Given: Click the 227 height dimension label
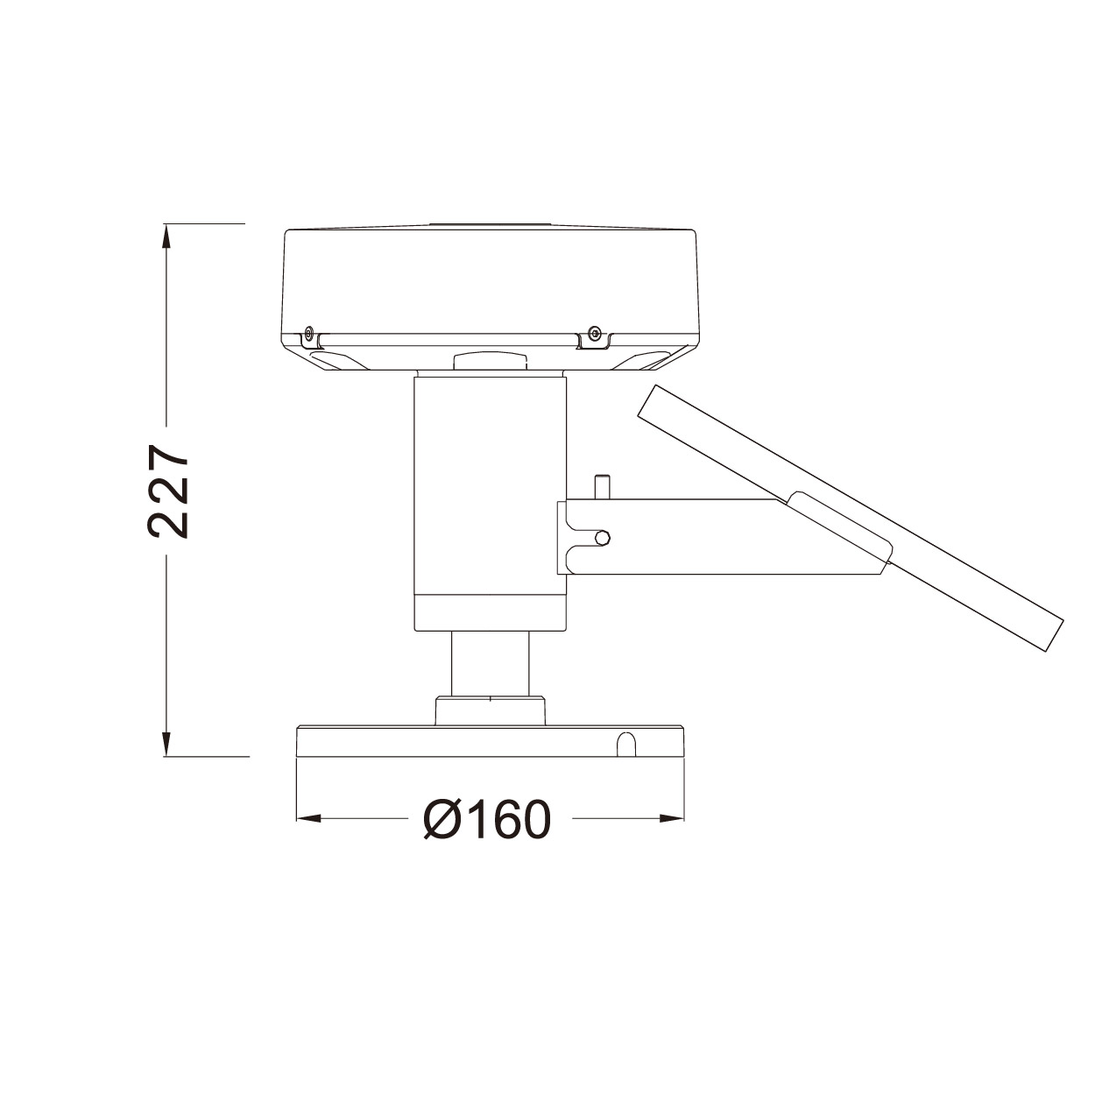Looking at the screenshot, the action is (168, 491).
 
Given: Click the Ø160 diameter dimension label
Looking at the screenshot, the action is (488, 819).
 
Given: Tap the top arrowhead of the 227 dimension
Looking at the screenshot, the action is (166, 236).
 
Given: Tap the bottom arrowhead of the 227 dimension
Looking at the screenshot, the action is (166, 744).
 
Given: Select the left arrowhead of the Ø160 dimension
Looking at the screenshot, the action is (309, 818).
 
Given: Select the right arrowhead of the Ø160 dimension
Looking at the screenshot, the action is (671, 818).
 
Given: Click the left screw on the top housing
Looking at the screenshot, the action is (308, 330).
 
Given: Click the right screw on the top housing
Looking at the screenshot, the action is (595, 330).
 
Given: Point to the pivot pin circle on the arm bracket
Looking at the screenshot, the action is (604, 537).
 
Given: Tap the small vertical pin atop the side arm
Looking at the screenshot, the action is (601, 487).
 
